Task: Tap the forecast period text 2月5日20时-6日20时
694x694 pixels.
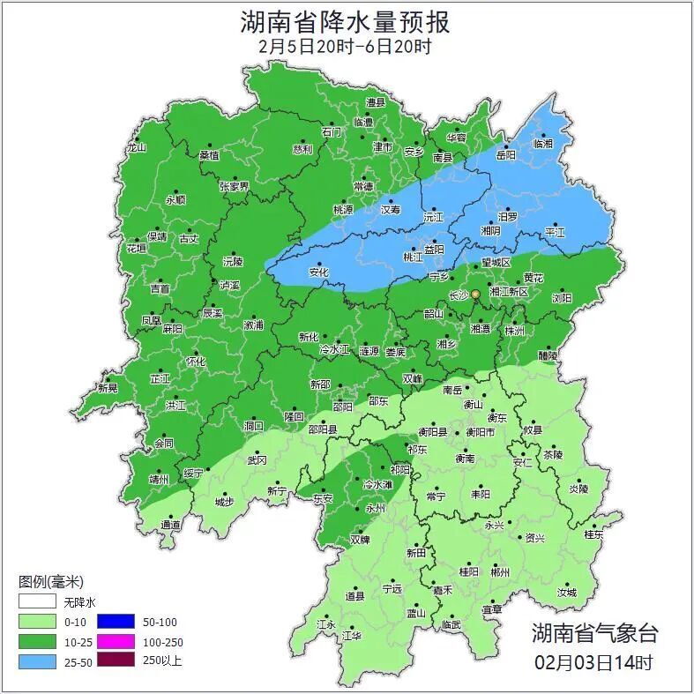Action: tap(346, 47)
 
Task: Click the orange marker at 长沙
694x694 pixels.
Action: tap(475, 294)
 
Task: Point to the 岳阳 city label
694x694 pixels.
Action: tap(505, 154)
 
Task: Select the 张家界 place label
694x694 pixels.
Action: tap(235, 187)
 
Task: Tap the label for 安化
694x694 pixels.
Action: tap(318, 272)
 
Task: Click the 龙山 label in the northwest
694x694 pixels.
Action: tap(135, 148)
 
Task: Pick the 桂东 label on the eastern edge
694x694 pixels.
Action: tap(594, 534)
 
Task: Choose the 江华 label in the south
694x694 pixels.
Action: tap(352, 635)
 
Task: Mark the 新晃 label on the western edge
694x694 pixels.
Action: tap(108, 388)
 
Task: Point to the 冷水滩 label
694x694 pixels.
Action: tap(377, 485)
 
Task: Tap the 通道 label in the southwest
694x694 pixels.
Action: tap(170, 525)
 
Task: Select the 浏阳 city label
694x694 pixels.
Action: tap(562, 298)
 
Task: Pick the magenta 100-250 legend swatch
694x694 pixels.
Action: tap(116, 640)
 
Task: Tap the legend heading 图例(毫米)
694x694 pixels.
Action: tap(51, 582)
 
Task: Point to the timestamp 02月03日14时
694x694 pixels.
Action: tap(594, 661)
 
